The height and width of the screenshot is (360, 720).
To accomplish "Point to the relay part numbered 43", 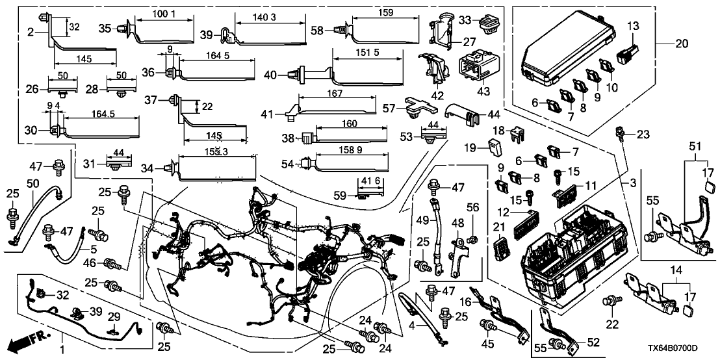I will click(x=480, y=65).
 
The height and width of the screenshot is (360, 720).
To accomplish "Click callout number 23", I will click(x=643, y=135).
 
